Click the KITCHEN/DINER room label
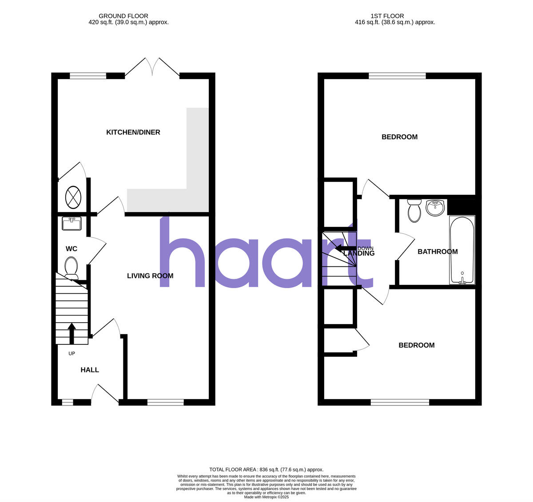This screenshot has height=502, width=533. (133, 132)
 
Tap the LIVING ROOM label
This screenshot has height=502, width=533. (150, 276)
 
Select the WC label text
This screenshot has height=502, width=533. (72, 249)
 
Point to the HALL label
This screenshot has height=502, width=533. (90, 370)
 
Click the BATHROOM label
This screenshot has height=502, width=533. (438, 252)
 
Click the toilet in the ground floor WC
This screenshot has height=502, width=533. (71, 268)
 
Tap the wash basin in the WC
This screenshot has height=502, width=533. (71, 224)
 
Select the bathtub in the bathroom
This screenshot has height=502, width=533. (462, 249)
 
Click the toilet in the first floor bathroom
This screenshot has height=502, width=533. (414, 210)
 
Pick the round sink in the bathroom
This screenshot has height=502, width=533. (435, 208)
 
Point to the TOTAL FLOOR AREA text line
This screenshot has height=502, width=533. (266, 470)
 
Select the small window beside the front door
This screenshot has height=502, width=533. (67, 403)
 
